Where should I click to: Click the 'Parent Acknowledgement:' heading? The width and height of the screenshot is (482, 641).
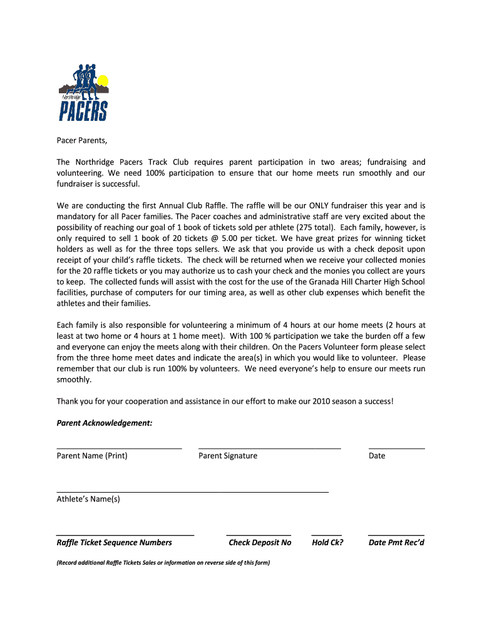(105, 423)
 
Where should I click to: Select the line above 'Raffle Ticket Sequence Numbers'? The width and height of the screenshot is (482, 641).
(125, 535)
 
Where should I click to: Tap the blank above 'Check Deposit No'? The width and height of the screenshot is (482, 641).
(259, 535)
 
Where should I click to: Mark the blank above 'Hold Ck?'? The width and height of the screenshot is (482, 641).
(327, 535)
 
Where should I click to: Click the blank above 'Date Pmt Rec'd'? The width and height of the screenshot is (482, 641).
(396, 535)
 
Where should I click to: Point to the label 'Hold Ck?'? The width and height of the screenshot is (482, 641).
(327, 543)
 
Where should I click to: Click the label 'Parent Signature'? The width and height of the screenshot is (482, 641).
(228, 456)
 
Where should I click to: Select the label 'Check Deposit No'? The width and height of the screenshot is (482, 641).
(260, 543)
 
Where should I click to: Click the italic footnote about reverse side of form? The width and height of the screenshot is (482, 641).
(163, 562)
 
